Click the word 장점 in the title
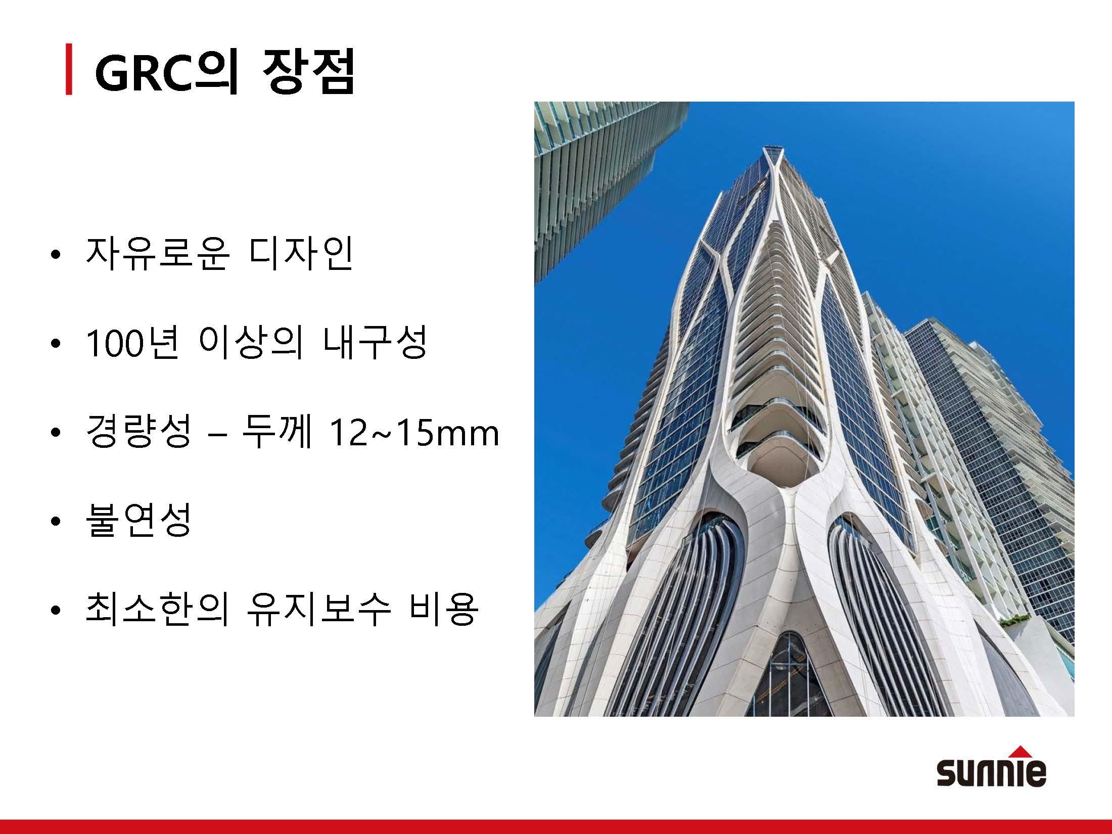point(308,71)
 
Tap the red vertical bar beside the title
point(69,70)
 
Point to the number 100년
point(132,343)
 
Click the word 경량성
point(138,432)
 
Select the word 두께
point(276,432)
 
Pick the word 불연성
point(138,520)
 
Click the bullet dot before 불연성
point(56,521)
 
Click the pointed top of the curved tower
point(773,148)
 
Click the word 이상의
point(251,342)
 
